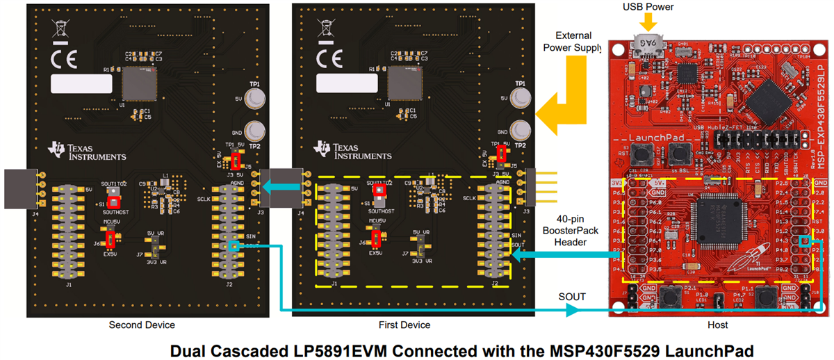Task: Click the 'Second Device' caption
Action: (142, 325)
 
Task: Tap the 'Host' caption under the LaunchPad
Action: (715, 325)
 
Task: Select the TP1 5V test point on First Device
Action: (521, 98)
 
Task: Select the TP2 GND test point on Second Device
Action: (256, 130)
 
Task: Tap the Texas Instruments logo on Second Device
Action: (87, 152)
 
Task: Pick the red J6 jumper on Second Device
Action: (110, 240)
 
